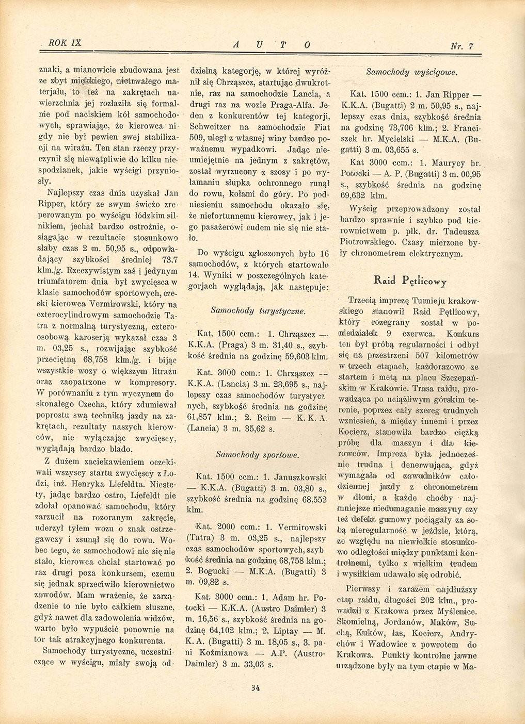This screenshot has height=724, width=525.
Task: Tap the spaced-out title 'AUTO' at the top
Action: click(271, 45)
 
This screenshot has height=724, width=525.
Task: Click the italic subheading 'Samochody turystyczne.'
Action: click(258, 311)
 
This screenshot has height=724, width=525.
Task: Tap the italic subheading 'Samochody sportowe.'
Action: click(258, 455)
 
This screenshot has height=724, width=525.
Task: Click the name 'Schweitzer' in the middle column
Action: click(213, 127)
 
